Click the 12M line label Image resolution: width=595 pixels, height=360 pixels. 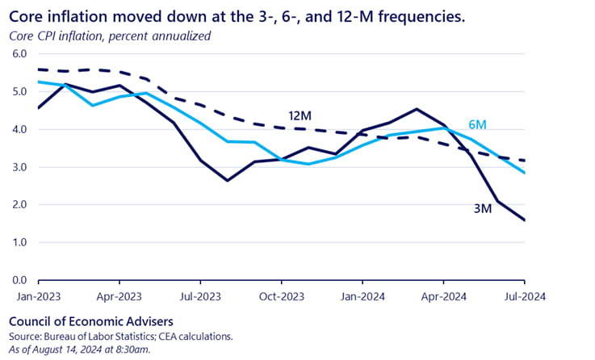pos(300,114)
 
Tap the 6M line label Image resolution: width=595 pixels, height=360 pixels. pos(477,125)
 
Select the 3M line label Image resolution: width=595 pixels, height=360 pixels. pos(484,209)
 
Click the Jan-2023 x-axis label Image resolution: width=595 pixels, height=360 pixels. pos(39,295)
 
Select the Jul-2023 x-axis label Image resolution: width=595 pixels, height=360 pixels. pos(200,295)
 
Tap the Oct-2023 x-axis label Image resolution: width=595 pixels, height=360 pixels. pos(282,295)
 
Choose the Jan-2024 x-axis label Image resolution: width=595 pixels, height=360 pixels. pos(362,295)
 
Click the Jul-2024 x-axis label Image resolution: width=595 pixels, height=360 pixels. pos(525,295)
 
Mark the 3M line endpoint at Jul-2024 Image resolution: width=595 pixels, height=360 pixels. pos(525,220)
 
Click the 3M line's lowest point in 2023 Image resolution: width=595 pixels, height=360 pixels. pos(227,180)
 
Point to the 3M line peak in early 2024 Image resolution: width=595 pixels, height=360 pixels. pos(417,109)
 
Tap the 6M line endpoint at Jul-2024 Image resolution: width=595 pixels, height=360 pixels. pos(525,173)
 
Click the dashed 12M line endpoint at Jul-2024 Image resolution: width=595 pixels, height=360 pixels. pos(525,161)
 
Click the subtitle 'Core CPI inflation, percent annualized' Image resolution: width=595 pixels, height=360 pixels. pos(110,36)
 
